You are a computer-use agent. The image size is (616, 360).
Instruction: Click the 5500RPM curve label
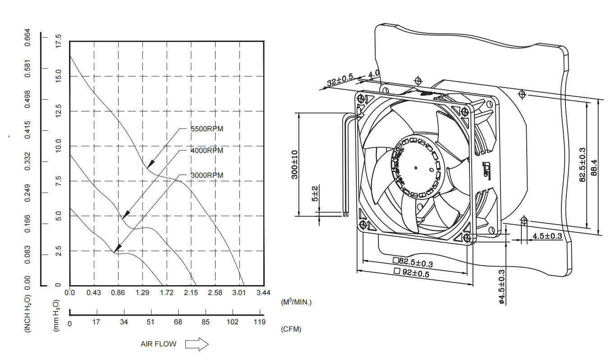click(207, 129)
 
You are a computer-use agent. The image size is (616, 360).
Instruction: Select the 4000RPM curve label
click(207, 151)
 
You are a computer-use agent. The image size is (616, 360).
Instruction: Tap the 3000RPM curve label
click(207, 175)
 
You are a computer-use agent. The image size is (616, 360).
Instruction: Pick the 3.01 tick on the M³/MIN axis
click(239, 293)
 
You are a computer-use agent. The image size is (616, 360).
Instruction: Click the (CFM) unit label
click(291, 329)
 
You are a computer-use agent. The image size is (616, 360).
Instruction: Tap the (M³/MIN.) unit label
click(296, 302)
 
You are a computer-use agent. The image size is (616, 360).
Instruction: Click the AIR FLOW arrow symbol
click(197, 344)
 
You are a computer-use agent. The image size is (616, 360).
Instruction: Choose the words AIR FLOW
click(158, 344)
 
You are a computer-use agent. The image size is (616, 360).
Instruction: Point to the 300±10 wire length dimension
click(295, 165)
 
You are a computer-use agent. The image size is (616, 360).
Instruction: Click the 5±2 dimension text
click(315, 194)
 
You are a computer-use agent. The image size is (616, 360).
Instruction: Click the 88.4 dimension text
click(594, 168)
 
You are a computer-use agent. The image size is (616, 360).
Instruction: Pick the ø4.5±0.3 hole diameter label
click(501, 286)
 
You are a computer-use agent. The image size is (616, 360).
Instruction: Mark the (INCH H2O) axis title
click(28, 314)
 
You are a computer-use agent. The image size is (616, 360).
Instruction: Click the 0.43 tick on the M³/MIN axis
click(94, 293)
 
